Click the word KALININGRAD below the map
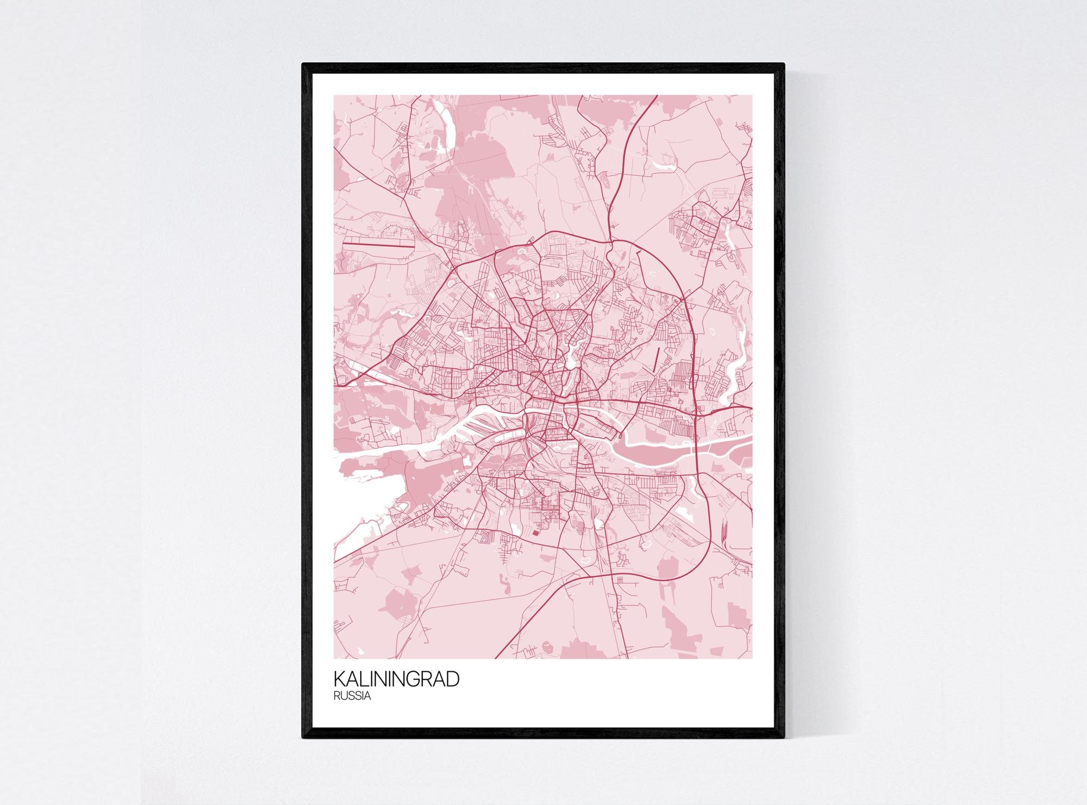pyautogui.click(x=396, y=679)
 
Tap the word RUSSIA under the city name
pyautogui.click(x=352, y=696)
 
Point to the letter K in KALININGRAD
pyautogui.click(x=339, y=679)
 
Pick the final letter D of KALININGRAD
pyautogui.click(x=453, y=679)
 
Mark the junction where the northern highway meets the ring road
pyautogui.click(x=611, y=241)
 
